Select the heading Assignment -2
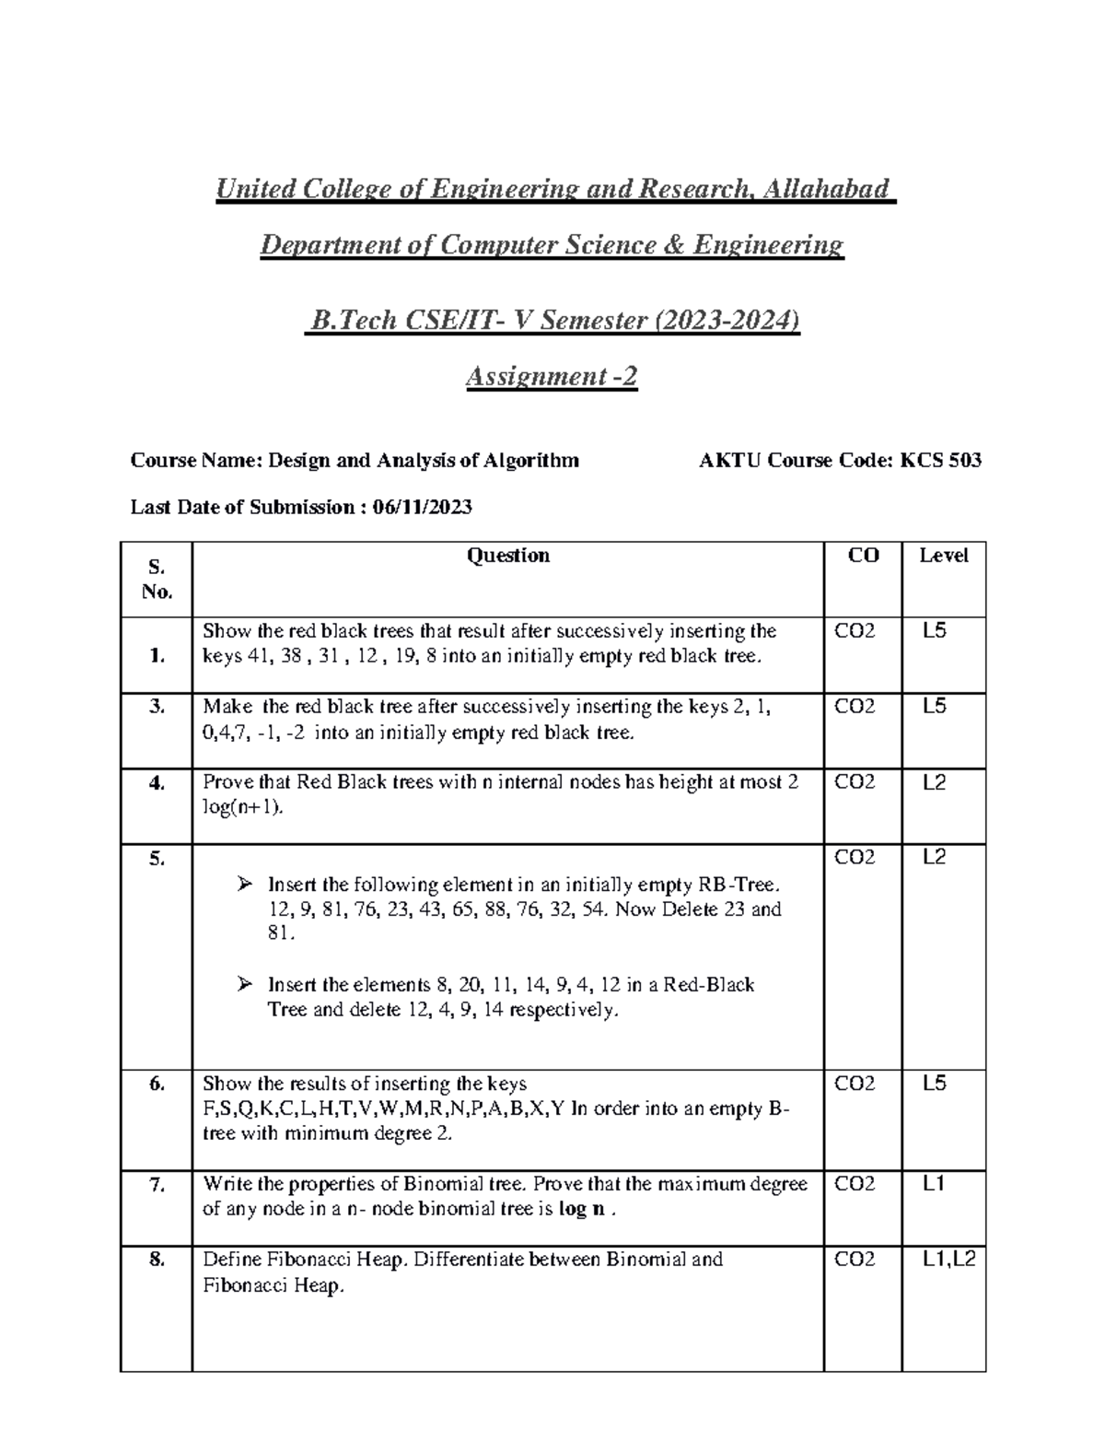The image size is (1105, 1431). tap(552, 376)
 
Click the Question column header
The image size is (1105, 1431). tap(508, 555)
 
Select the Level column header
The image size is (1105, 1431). tap(944, 555)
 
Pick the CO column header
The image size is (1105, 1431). tap(863, 555)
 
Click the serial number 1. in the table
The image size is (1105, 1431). tap(157, 655)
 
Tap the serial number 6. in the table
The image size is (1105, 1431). tap(157, 1084)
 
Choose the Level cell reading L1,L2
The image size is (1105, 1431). tap(948, 1259)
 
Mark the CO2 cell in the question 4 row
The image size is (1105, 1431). tap(855, 782)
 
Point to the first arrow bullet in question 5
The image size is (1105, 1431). tap(244, 885)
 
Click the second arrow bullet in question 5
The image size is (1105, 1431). tap(244, 985)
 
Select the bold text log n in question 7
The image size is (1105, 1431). tap(582, 1209)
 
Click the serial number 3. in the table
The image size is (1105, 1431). tap(157, 707)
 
